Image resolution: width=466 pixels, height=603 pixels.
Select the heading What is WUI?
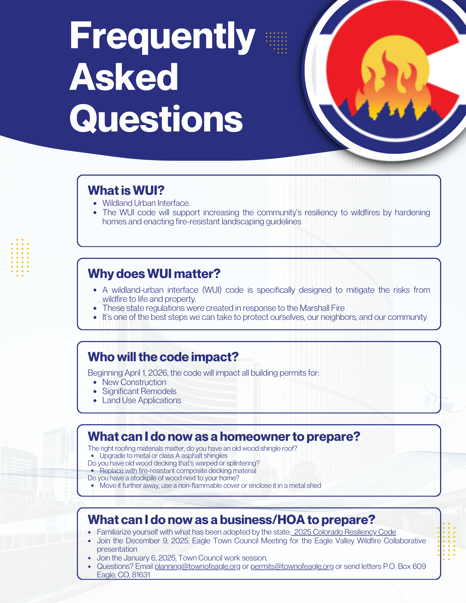126,191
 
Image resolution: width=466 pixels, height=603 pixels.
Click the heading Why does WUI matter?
154,274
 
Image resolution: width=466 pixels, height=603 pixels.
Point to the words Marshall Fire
322,308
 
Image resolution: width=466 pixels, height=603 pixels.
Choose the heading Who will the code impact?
163,357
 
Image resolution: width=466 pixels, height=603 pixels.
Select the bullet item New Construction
134,382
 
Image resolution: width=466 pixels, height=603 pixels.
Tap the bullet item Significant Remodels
139,391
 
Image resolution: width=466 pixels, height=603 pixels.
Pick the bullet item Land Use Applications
141,400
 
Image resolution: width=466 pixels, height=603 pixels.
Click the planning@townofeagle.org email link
197,567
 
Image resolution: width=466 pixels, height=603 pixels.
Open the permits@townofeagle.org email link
292,567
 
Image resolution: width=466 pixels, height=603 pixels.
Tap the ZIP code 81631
141,575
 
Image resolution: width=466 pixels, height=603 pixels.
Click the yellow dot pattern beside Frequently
276,43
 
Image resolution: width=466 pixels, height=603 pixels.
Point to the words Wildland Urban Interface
146,203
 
